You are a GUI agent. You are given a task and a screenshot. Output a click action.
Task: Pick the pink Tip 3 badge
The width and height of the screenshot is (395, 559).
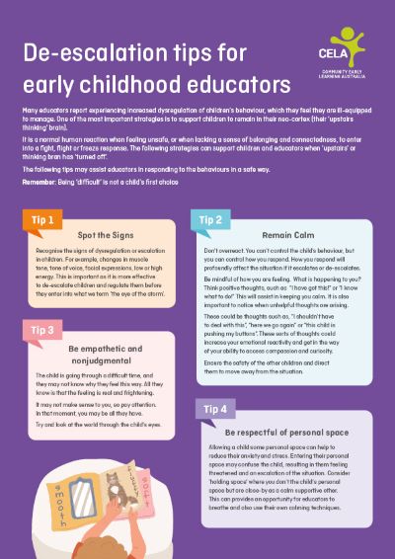coord(41,328)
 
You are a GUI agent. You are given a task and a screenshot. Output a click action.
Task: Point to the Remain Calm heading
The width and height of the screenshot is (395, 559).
coord(287,237)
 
